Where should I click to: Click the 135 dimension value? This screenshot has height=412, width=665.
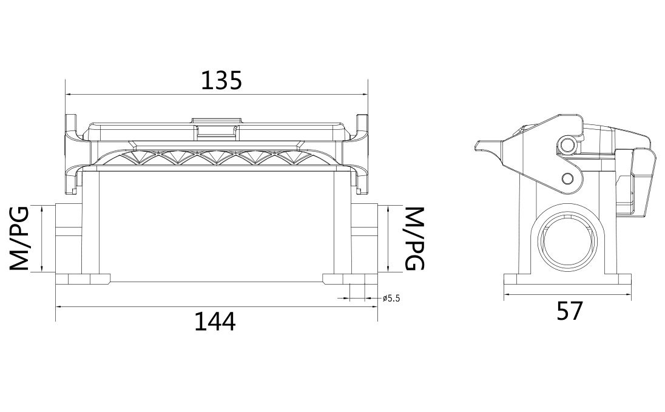221,79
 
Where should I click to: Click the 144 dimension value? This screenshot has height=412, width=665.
214,321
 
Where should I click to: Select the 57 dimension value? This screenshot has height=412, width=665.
569,311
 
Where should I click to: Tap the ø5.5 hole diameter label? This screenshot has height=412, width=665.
392,298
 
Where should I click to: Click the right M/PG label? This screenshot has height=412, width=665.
414,238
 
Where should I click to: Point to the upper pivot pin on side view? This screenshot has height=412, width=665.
567,144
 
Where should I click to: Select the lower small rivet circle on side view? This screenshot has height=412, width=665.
567,178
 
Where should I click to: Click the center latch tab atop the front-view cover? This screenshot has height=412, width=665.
215,124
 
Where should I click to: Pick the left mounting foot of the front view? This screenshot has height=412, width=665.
83,279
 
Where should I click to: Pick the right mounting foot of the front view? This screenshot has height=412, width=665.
349,279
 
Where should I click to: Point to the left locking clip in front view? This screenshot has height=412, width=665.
72,152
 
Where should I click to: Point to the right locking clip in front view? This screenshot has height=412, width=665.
362,152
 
